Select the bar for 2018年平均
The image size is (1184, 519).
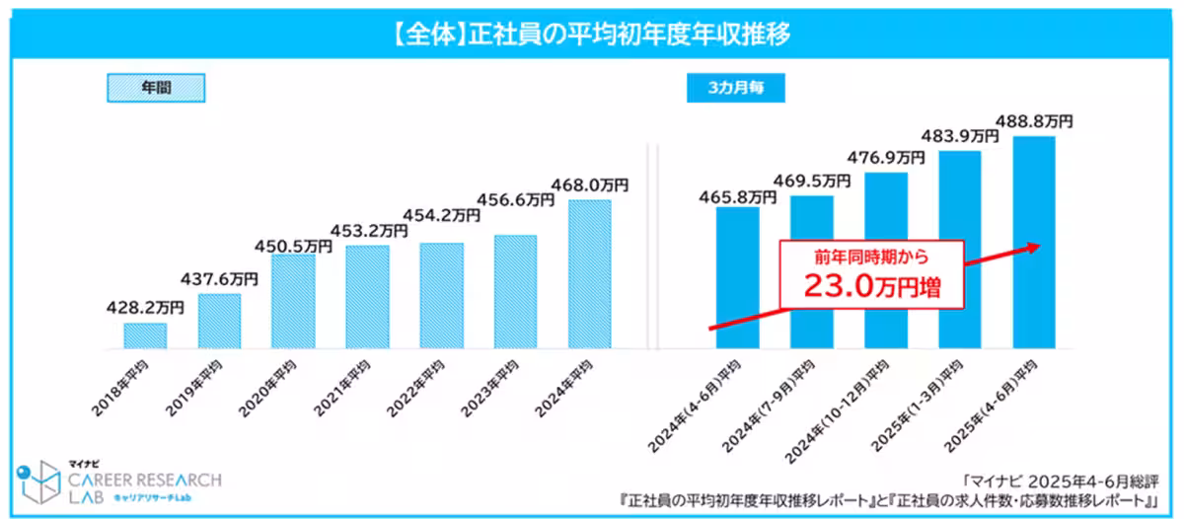point(145,335)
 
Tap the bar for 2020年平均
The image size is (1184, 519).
point(293,301)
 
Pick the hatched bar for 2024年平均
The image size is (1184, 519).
point(590,274)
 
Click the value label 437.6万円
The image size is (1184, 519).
point(220,279)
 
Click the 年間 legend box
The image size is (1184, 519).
point(156,88)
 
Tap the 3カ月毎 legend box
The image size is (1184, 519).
point(735,88)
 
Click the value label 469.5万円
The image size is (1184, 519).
point(812,181)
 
